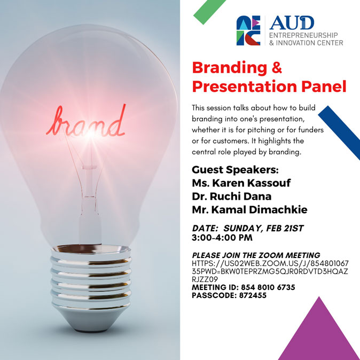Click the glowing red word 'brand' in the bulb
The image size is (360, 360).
86,122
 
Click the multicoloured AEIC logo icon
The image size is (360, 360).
248,30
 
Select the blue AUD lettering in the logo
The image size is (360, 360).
292,23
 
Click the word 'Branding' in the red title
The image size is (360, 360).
230,68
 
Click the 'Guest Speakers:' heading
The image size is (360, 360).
235,170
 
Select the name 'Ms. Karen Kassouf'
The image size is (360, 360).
241,183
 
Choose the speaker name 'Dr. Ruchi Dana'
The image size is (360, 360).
232,197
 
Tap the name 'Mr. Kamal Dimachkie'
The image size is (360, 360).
249,209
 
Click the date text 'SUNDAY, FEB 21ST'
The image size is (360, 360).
263,229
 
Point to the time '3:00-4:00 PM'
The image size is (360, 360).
222,238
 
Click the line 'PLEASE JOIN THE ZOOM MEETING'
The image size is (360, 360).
256,255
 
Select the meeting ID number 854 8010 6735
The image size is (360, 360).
268,287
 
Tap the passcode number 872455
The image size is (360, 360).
253,295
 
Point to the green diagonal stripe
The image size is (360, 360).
209,11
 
